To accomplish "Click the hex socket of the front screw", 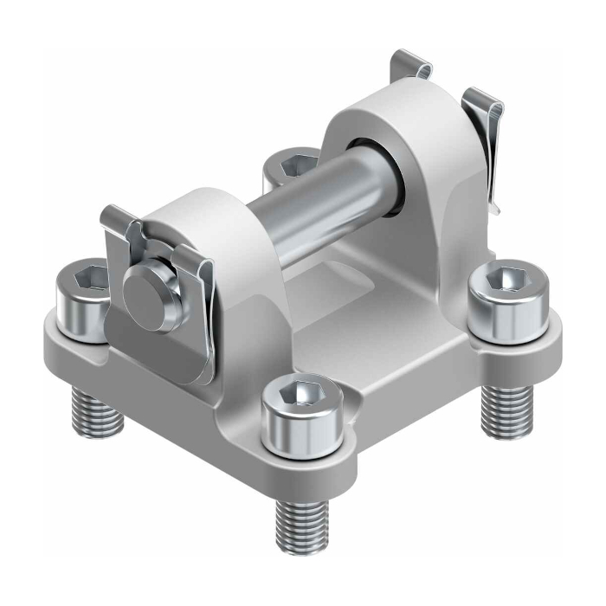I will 302,395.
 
